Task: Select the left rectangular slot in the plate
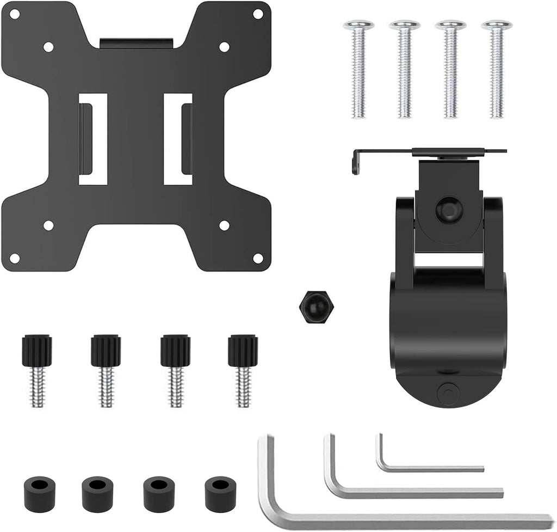92,139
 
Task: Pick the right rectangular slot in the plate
178,139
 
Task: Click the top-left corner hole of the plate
15,13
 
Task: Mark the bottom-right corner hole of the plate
258,258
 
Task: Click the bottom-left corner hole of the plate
15,258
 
